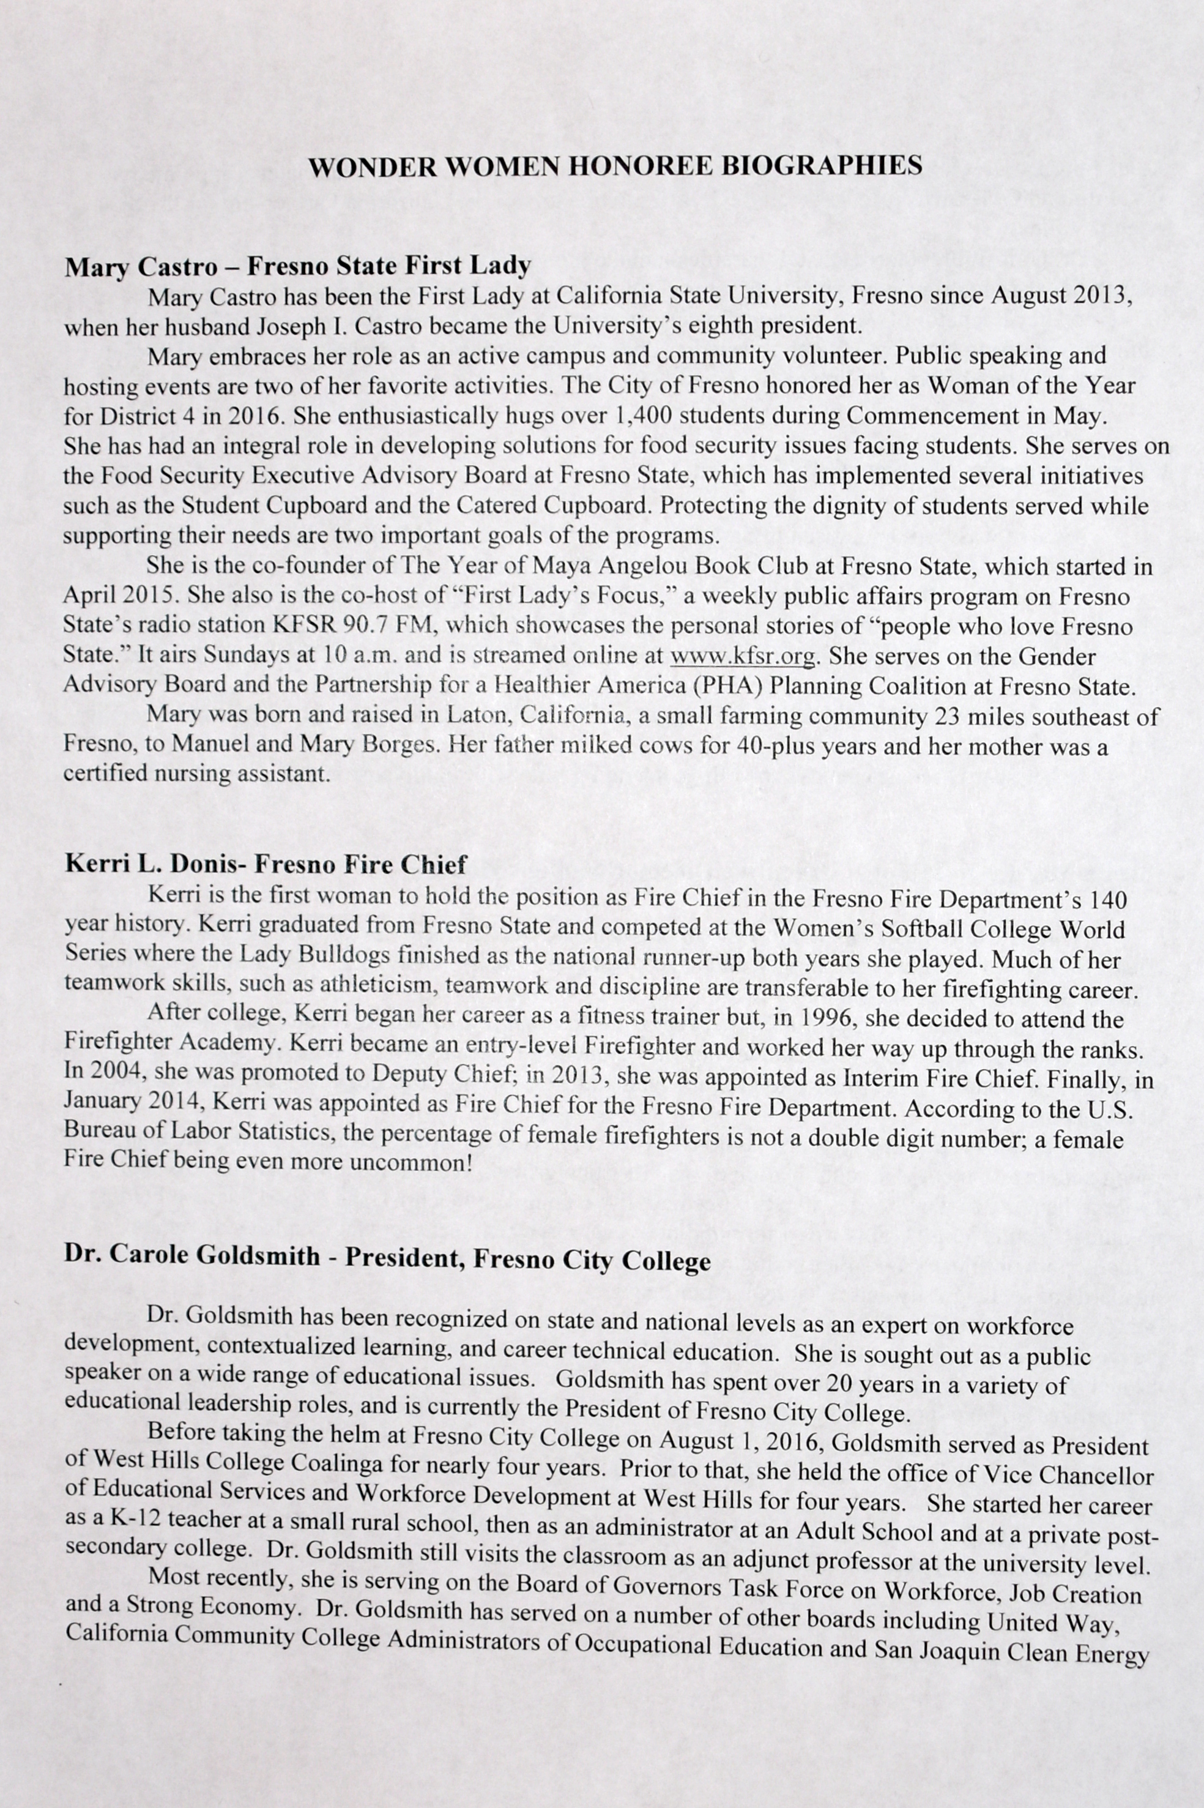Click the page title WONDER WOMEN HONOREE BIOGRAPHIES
point(615,166)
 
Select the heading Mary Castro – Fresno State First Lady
point(298,266)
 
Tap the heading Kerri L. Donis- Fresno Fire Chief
point(266,865)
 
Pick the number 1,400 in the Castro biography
point(644,416)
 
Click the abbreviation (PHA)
point(691,687)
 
